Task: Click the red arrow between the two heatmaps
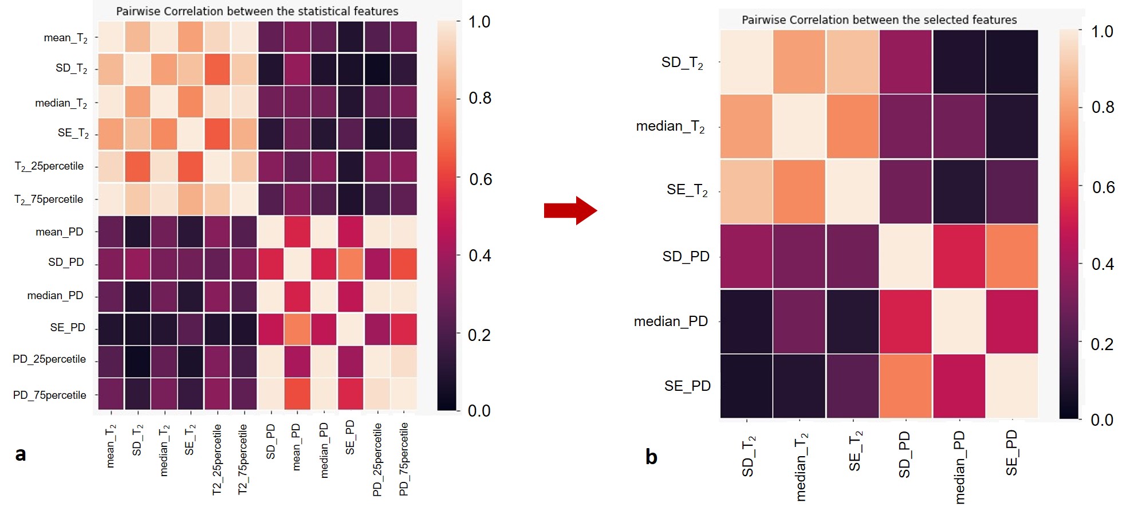(570, 210)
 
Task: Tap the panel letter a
(21, 454)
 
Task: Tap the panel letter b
(651, 457)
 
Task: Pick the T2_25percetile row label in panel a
(49, 166)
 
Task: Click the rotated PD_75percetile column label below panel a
(404, 458)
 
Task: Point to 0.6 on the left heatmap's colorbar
(480, 179)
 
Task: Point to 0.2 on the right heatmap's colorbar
(1102, 344)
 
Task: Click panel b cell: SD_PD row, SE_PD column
(1012, 256)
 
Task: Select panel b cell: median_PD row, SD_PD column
(906, 321)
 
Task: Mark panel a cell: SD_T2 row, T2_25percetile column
(217, 69)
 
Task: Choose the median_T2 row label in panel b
(670, 126)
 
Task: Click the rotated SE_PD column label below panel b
(1012, 453)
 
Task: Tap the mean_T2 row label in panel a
(65, 38)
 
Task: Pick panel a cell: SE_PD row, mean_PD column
(297, 328)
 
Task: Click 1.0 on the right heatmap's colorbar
(1102, 32)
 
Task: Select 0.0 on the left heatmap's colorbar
(479, 410)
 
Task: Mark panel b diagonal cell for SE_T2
(853, 191)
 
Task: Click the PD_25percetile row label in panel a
(49, 359)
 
